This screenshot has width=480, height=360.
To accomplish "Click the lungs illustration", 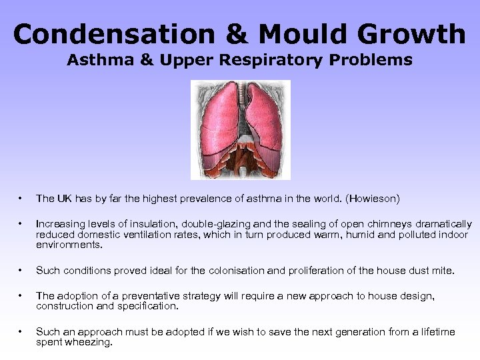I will click(241, 130).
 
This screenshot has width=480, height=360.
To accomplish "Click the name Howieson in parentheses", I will click(373, 199).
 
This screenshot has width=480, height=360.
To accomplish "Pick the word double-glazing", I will click(219, 224).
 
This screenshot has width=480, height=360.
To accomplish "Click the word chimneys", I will click(375, 224).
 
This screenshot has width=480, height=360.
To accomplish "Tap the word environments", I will click(69, 245).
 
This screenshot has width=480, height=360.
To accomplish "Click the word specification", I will click(148, 306).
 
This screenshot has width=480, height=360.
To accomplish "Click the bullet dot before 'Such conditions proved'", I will click(22, 271).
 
